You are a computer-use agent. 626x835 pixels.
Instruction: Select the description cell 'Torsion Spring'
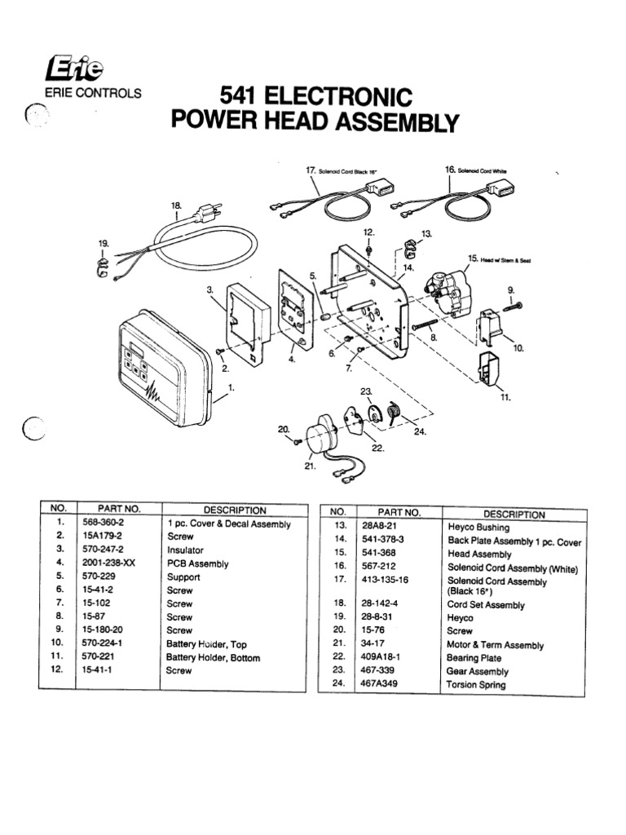475,685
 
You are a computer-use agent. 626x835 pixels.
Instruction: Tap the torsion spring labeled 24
393,413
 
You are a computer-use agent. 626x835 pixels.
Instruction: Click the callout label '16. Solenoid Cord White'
476,169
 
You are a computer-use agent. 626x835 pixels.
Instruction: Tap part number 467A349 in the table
377,685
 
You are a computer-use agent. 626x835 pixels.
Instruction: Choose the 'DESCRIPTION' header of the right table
514,514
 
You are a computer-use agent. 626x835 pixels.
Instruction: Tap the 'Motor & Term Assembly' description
495,645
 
